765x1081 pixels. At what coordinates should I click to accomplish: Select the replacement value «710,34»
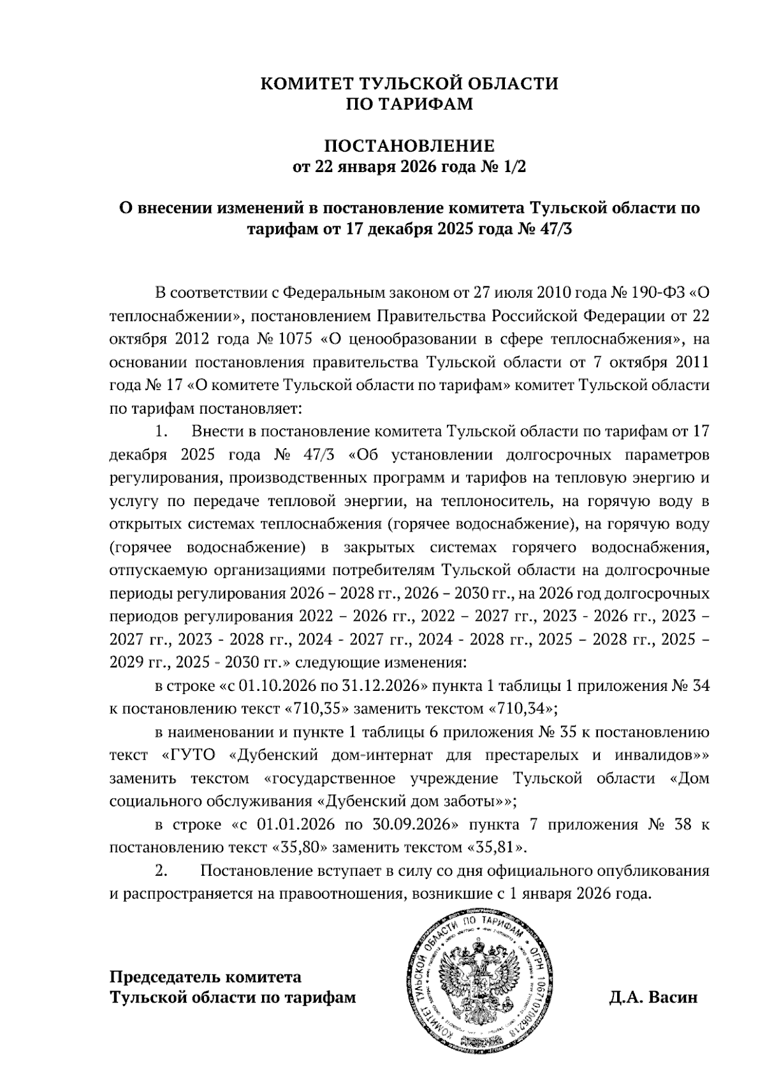pyautogui.click(x=521, y=709)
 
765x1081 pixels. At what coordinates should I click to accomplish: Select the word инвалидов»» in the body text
pyautogui.click(x=662, y=755)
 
